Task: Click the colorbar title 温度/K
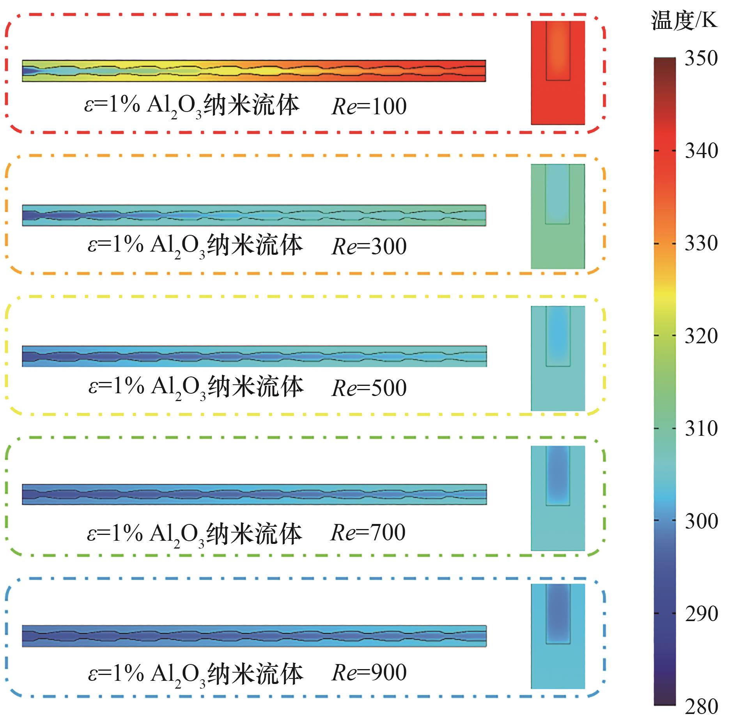[x=684, y=20]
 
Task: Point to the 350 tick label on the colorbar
[x=701, y=58]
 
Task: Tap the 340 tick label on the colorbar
[x=701, y=151]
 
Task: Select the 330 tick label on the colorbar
[x=701, y=243]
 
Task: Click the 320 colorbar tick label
[x=701, y=336]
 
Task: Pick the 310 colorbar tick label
[x=701, y=428]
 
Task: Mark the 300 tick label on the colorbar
[x=701, y=521]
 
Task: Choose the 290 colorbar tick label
[x=701, y=613]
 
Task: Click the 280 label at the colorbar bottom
[x=701, y=706]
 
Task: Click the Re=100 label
[x=369, y=107]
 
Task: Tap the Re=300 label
[x=369, y=247]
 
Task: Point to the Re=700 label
[x=368, y=533]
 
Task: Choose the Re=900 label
[x=369, y=673]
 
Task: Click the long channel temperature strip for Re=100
[x=254, y=71]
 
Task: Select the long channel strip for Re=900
[x=254, y=636]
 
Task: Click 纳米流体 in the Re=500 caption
[x=255, y=387]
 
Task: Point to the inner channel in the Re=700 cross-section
[x=558, y=476]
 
